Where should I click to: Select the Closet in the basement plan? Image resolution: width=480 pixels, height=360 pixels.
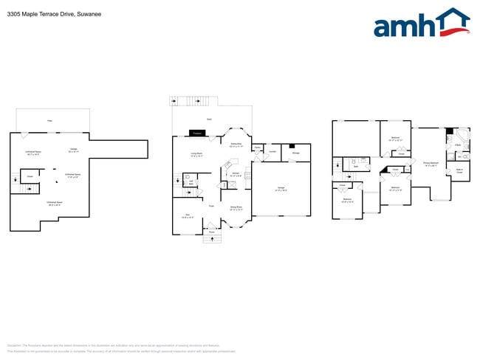tap(30, 176)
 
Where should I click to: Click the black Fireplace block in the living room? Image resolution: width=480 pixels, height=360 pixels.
tap(197, 133)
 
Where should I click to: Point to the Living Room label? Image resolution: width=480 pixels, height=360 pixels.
tap(196, 155)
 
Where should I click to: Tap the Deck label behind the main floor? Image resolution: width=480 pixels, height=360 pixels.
tap(209, 119)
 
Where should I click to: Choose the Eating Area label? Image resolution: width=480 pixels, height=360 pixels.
tap(236, 145)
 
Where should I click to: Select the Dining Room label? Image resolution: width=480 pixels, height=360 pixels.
tap(237, 208)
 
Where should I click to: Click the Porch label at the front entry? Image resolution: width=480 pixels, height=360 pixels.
tap(211, 232)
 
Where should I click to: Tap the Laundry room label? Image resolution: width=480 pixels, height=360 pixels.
tap(272, 151)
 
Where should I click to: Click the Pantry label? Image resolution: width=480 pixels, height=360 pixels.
tap(257, 148)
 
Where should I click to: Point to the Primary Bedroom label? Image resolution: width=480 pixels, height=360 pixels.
tap(431, 164)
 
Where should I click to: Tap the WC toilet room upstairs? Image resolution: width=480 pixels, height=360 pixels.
tap(459, 156)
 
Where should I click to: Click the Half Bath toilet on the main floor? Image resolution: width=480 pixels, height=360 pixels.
tap(188, 177)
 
